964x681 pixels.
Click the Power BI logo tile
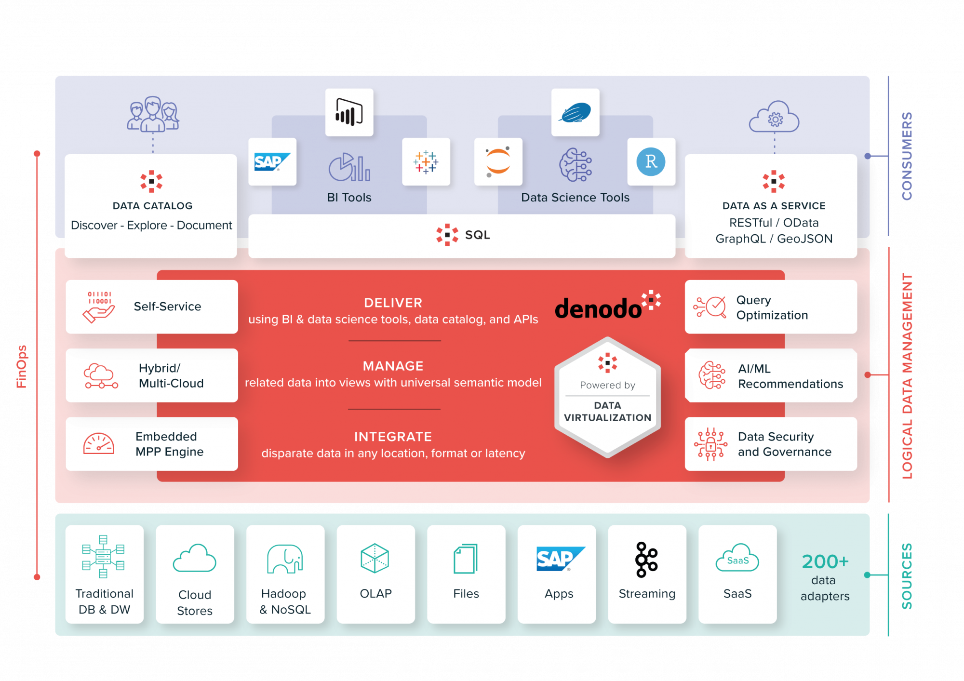349,112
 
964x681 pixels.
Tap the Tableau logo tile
426,162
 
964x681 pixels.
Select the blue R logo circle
651,162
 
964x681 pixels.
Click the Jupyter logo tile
498,162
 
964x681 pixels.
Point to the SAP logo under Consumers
272,162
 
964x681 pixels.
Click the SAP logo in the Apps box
559,559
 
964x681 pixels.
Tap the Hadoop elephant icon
285,559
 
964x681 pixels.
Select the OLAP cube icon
375,558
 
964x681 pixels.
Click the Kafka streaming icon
646,560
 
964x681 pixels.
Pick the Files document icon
466,559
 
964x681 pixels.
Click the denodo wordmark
598,309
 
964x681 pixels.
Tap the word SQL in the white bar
477,235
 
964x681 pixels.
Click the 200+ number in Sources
825,562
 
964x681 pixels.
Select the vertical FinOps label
21,366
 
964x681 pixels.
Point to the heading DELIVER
393,303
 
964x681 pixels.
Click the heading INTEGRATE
393,437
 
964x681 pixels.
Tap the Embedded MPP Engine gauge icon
99,444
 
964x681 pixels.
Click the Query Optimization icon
710,307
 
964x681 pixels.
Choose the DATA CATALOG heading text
152,206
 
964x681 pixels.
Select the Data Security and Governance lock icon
710,444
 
